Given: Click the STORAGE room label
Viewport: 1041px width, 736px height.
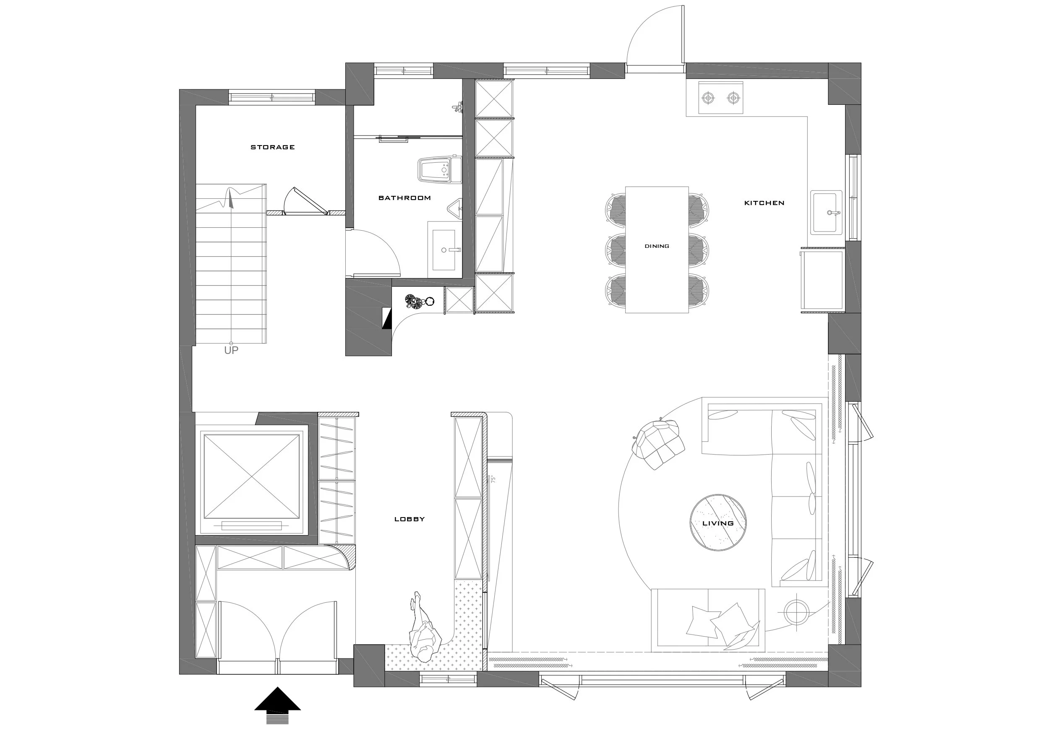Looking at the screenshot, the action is point(272,147).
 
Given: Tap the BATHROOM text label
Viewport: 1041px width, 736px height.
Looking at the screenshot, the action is point(404,198).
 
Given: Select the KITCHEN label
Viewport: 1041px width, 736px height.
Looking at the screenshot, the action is point(764,203).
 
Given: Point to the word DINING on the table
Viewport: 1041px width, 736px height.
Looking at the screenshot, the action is point(657,246).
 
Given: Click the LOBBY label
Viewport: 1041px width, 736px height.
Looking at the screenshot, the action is point(410,519).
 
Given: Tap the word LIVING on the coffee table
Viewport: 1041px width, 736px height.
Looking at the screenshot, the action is point(718,523).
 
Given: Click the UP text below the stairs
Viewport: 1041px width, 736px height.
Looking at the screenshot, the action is point(231,350).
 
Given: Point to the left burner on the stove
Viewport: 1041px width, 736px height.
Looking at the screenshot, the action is point(708,97).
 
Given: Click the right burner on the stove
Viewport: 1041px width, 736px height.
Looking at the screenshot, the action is point(733,97).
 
